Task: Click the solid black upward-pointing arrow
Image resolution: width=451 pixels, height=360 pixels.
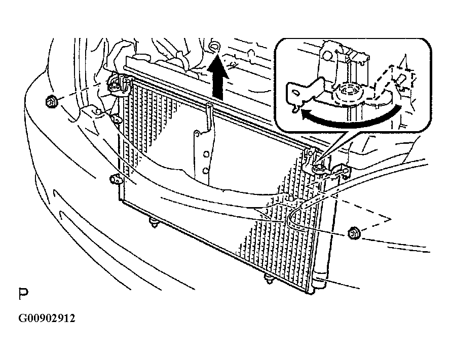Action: tap(218, 77)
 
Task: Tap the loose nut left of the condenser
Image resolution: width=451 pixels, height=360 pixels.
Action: tap(51, 101)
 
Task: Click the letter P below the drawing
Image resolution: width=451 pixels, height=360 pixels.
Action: tap(23, 294)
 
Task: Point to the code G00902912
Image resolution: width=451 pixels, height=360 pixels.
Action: tap(47, 318)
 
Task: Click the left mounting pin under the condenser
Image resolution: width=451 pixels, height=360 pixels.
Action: tap(154, 223)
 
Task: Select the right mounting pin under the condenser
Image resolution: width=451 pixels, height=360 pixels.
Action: tap(268, 279)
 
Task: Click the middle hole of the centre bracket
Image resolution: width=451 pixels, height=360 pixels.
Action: tap(206, 154)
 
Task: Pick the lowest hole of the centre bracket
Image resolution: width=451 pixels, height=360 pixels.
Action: tap(205, 171)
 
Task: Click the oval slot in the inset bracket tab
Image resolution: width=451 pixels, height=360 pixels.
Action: tap(295, 93)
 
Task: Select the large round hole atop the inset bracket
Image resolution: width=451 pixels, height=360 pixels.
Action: tap(326, 55)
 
